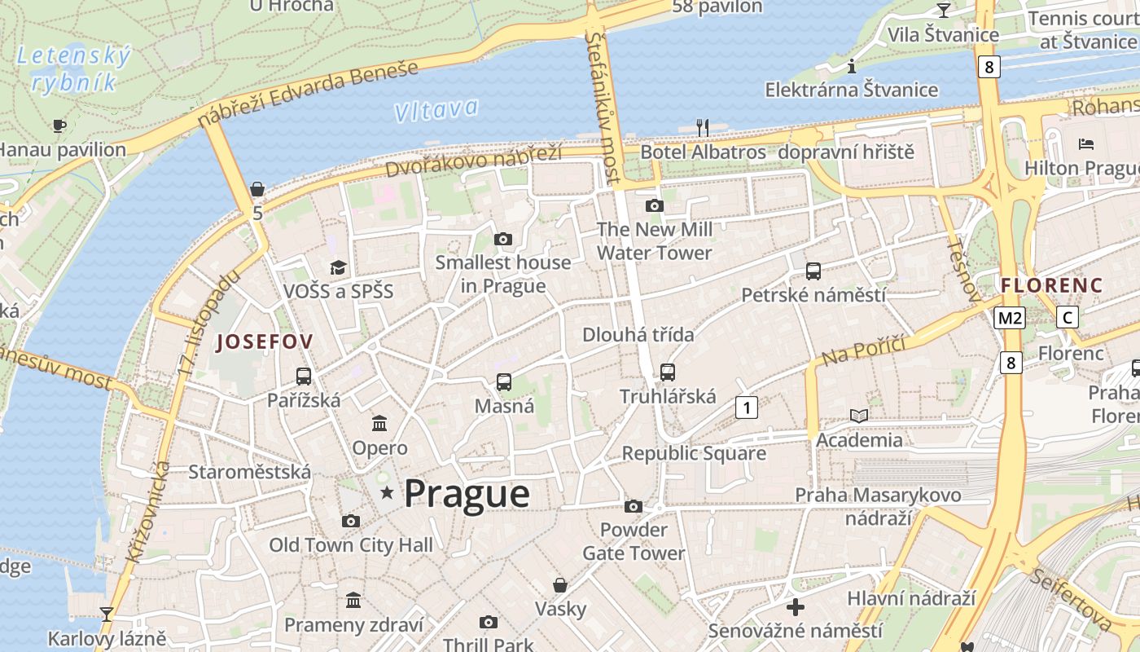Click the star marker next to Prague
(x=388, y=492)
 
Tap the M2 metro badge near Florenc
(x=1009, y=318)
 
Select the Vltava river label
(x=436, y=109)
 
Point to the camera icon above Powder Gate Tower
(x=634, y=506)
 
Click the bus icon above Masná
(x=504, y=381)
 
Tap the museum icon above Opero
(x=379, y=423)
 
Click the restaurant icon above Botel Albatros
(x=703, y=127)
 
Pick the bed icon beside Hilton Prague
(x=1085, y=144)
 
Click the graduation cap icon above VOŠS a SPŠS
(x=337, y=267)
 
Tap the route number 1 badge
(x=746, y=407)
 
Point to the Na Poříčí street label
(x=863, y=350)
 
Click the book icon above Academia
(x=859, y=416)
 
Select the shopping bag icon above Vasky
(x=560, y=584)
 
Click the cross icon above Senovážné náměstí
(x=796, y=606)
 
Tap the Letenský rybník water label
(x=73, y=68)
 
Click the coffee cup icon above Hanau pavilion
(x=59, y=126)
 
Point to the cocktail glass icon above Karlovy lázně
(x=106, y=614)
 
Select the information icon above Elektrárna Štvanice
(x=852, y=66)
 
